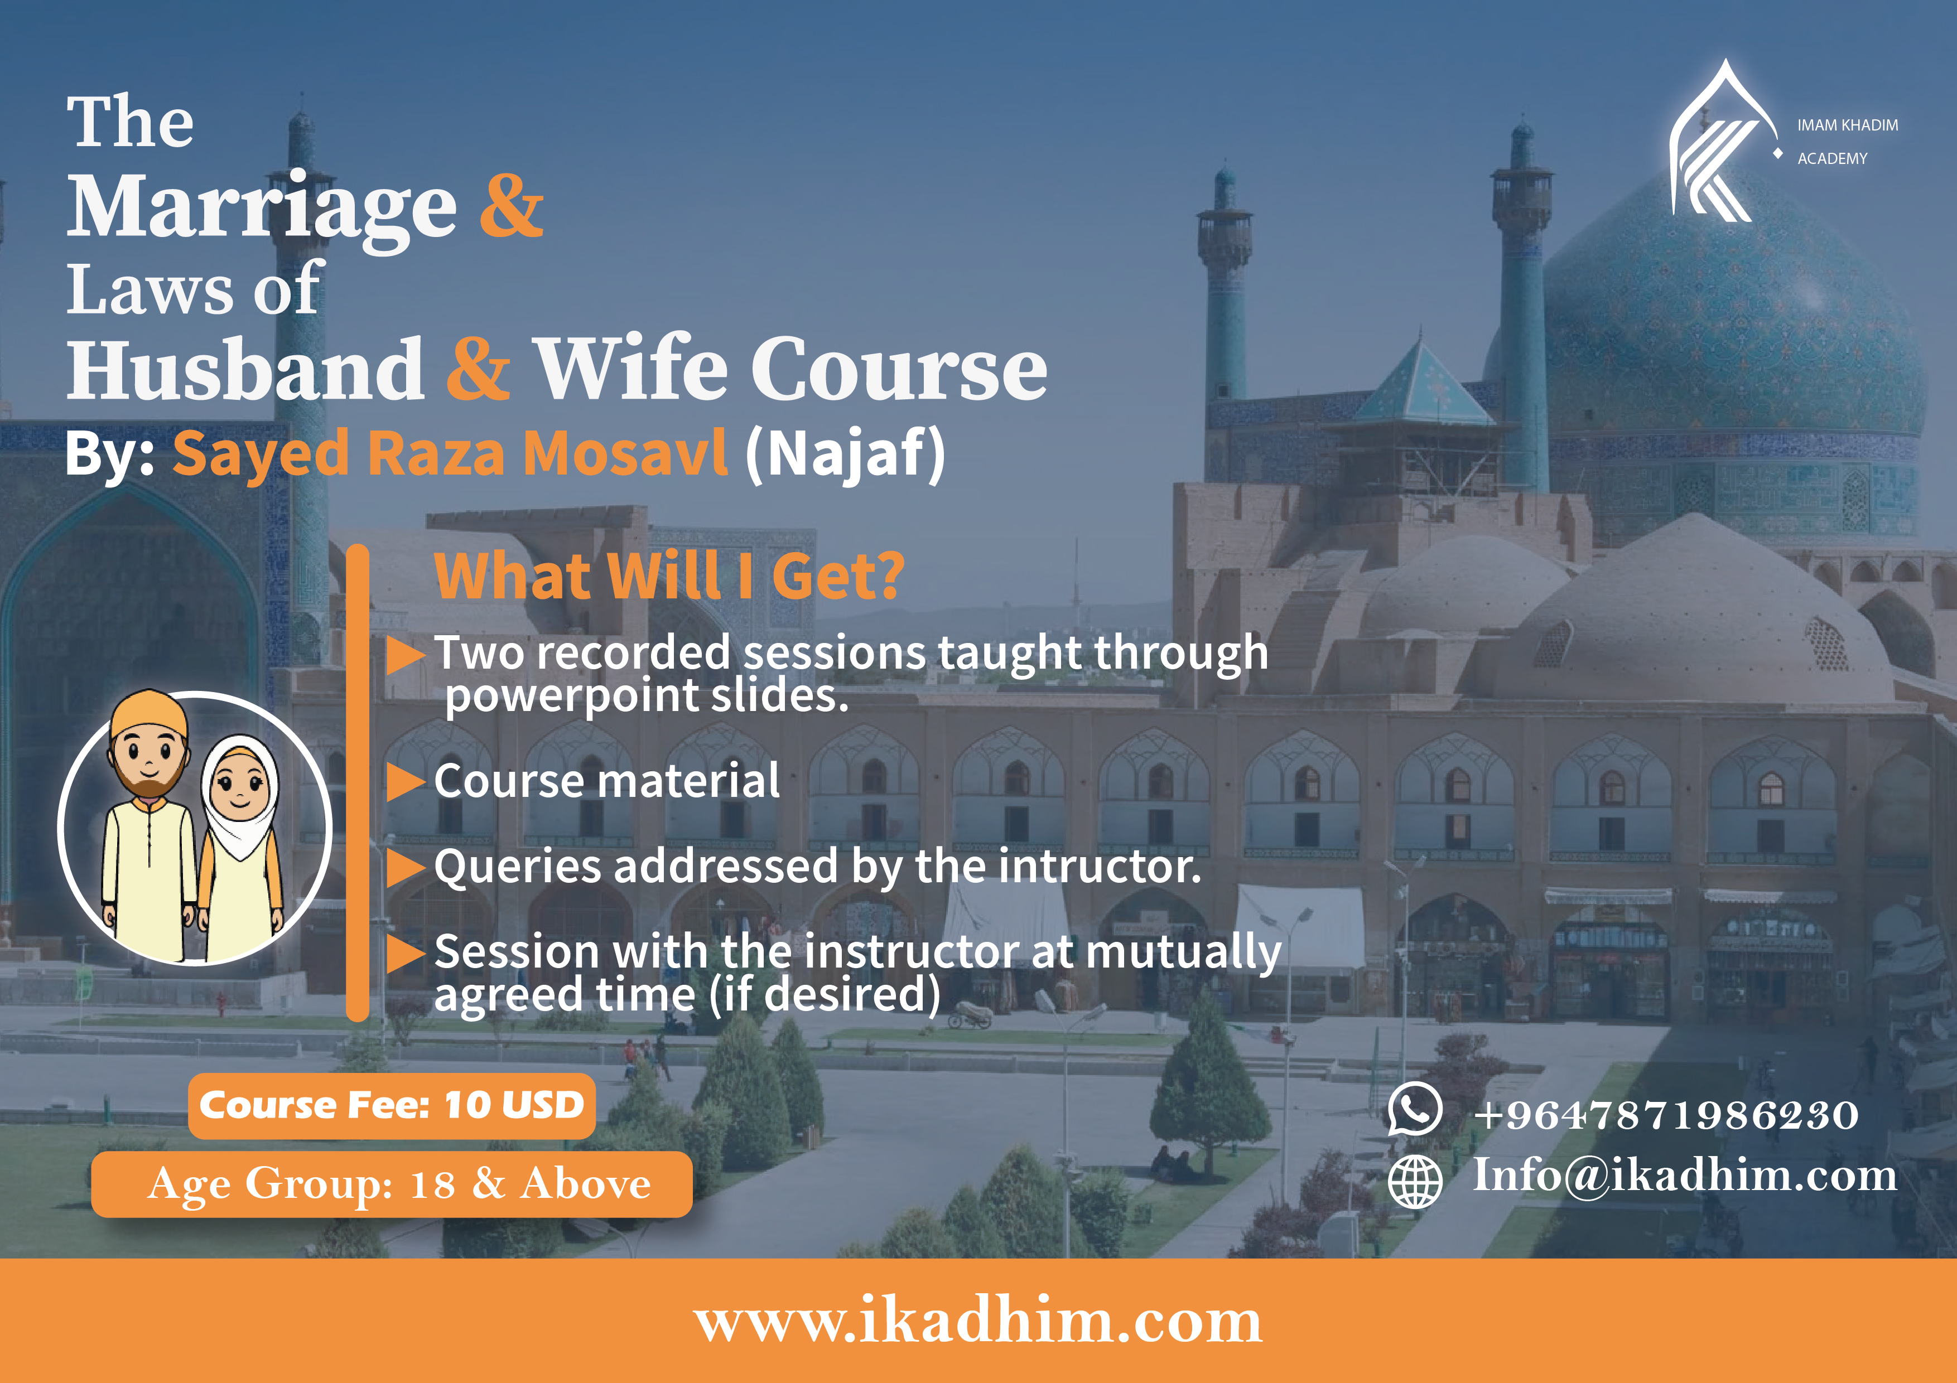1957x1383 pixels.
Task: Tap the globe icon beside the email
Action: pos(1415,1181)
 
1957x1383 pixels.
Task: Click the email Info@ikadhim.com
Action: pos(1685,1176)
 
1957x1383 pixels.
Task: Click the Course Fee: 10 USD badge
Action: pos(391,1105)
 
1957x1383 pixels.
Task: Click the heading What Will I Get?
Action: pos(669,577)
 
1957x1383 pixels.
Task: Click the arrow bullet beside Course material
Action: pos(406,781)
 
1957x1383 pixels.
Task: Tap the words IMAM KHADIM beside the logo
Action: pos(1848,125)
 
